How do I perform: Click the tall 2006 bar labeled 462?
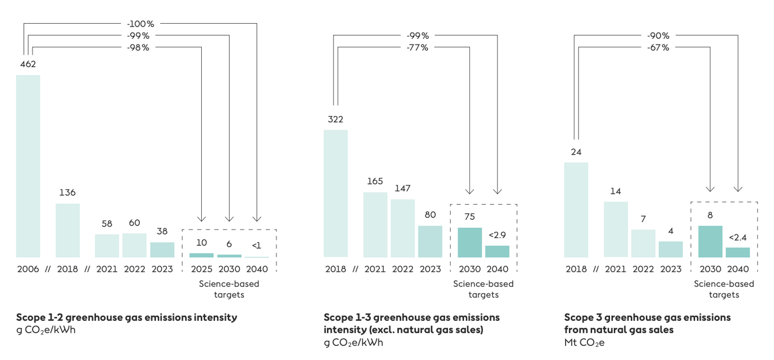point(28,166)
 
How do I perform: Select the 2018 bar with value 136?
point(68,230)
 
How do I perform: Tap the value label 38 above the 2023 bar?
point(162,231)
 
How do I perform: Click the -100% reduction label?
point(140,24)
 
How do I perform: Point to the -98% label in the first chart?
point(138,47)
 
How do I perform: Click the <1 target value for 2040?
point(256,245)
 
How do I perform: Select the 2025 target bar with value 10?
point(201,255)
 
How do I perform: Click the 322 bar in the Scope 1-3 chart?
point(336,194)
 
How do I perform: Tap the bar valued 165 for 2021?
point(375,225)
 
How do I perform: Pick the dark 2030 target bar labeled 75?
point(470,242)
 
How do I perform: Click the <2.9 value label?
point(497,235)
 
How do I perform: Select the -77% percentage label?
point(417,47)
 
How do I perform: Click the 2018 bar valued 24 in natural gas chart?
point(576,210)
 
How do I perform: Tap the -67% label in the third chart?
point(658,47)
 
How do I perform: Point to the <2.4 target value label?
point(738,238)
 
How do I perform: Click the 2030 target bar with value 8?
point(710,241)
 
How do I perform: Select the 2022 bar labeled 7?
point(643,243)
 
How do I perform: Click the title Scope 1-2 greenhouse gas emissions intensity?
point(127,317)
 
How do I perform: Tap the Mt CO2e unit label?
point(584,343)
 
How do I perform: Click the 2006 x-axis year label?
point(28,269)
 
